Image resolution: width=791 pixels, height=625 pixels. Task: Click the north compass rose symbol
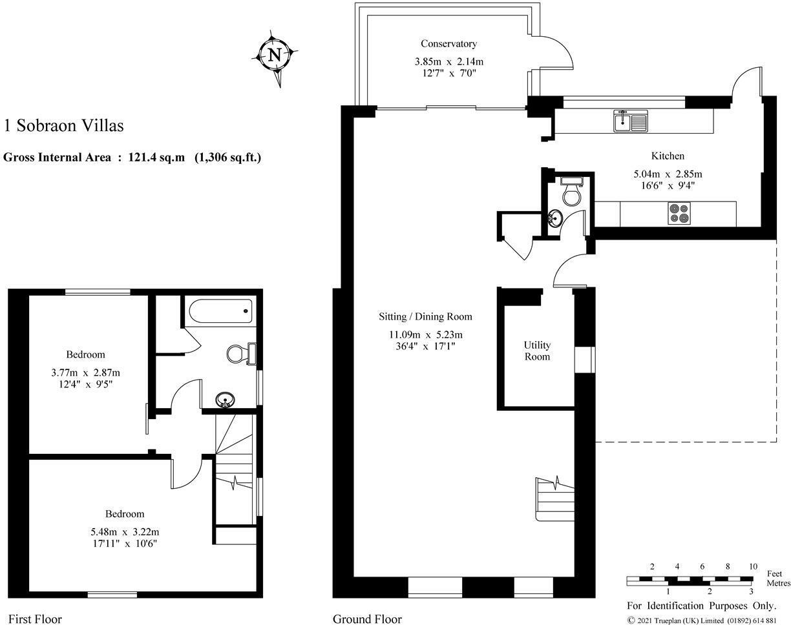pos(275,56)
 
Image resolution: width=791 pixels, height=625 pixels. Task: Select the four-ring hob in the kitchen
pos(679,214)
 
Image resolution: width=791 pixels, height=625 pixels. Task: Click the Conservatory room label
pos(448,44)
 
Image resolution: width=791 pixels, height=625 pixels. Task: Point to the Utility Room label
pos(536,351)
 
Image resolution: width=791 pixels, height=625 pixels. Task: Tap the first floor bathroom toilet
pos(241,354)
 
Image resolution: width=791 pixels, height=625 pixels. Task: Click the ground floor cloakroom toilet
pos(573,192)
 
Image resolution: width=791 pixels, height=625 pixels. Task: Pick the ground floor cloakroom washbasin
pos(554,218)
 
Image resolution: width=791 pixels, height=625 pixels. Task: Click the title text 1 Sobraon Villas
pos(63,125)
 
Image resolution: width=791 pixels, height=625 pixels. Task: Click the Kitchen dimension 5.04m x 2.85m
pos(668,174)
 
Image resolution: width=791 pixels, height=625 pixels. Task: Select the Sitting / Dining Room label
pos(425,316)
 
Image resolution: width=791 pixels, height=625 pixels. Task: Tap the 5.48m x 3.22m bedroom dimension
pos(125,531)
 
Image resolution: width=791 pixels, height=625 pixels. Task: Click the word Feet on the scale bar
pos(774,573)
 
